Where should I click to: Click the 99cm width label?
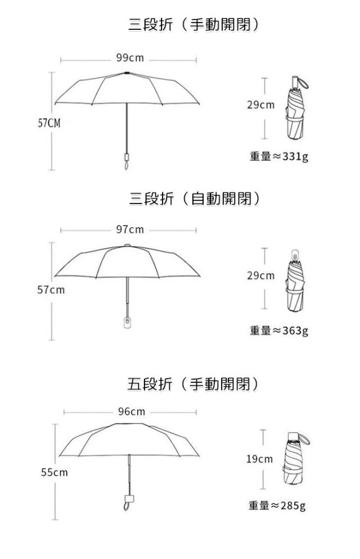[130, 58]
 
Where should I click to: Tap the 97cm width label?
[130, 229]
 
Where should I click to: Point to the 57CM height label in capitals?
[49, 123]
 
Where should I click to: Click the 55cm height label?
[54, 472]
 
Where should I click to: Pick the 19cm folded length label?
[259, 459]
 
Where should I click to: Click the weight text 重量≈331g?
[279, 156]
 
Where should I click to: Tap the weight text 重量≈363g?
[279, 330]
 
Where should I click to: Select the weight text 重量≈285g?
[277, 506]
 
